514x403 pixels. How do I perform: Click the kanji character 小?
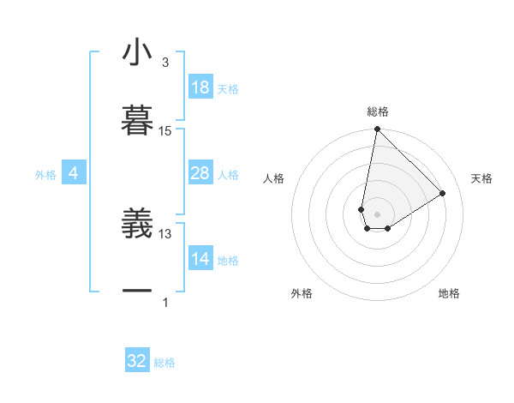[x=137, y=54]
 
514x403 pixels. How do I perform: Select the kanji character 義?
[x=137, y=225]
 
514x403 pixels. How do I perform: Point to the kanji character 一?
[x=137, y=292]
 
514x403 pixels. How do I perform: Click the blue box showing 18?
[x=200, y=87]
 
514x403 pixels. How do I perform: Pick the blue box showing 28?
[x=200, y=173]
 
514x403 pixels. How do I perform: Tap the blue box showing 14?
[x=200, y=259]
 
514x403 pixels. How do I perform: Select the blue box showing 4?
[x=73, y=173]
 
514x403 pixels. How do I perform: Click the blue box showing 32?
[x=137, y=361]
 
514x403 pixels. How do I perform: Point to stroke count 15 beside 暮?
[x=165, y=131]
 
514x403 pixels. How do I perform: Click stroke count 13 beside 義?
[x=165, y=233]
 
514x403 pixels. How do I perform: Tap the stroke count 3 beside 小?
[x=165, y=63]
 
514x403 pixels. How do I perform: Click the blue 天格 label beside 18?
[x=228, y=88]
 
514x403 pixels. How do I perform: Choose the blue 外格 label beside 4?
[x=45, y=174]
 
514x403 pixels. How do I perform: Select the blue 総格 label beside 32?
[x=164, y=363]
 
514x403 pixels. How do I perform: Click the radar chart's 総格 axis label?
[x=378, y=112]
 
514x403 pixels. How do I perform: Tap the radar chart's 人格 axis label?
[x=274, y=178]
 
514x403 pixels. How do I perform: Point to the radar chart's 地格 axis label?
[x=449, y=293]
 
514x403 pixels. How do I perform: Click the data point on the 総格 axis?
[x=377, y=129]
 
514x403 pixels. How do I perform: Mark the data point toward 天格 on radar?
[x=443, y=193]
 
